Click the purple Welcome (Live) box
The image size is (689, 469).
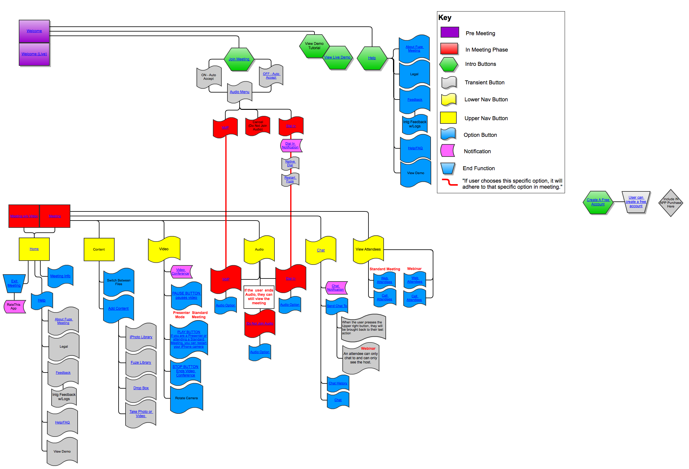(x=34, y=54)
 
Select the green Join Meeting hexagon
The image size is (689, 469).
(x=239, y=59)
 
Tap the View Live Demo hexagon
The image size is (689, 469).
(x=337, y=57)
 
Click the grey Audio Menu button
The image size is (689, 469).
(x=240, y=92)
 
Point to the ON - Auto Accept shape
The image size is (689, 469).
(x=209, y=77)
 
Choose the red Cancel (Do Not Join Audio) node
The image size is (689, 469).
(x=258, y=126)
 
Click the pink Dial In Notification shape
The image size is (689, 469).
(x=291, y=146)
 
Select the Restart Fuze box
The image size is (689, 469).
(x=290, y=179)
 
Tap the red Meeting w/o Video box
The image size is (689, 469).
(x=24, y=216)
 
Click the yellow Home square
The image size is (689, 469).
(x=34, y=249)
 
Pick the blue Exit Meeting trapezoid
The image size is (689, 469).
(x=14, y=283)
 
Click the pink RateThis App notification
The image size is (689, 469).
(x=14, y=306)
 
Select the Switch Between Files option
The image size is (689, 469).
(x=119, y=282)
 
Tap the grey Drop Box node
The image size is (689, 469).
(x=141, y=388)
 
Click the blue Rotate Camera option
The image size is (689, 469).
(x=186, y=398)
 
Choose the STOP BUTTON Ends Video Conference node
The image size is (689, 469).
(x=186, y=371)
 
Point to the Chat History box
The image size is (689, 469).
(x=338, y=383)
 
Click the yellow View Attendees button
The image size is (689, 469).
(x=368, y=249)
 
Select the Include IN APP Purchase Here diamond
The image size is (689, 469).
(x=671, y=203)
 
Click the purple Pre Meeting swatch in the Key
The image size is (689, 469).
(x=449, y=32)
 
